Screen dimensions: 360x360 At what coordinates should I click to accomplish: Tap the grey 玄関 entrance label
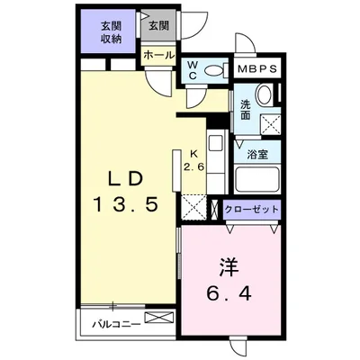[158, 24]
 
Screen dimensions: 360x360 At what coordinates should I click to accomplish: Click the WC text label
[193, 70]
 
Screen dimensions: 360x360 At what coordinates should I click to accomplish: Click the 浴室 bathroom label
[258, 153]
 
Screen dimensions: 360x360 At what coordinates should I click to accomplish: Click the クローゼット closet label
[253, 210]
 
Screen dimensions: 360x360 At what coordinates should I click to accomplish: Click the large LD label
[126, 174]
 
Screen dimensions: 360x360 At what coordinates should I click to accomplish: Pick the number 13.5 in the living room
[126, 203]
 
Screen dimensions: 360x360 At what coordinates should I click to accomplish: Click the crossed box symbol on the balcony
[157, 318]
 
